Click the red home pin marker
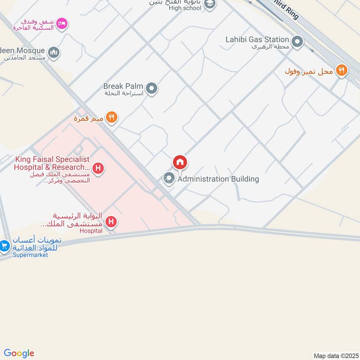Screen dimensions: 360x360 coord(180,162)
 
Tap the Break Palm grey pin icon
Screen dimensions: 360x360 coord(152,88)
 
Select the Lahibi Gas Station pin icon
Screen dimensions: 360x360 coord(297,42)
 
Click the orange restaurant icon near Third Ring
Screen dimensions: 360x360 coord(342,70)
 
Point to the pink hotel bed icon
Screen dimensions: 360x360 coord(62,22)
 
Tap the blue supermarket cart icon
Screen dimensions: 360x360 coord(4,246)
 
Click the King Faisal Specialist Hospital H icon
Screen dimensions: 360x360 coord(99,169)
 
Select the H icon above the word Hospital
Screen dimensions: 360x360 coord(111,222)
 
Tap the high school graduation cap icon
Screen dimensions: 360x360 coord(209,4)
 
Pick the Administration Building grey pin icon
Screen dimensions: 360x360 coord(169,179)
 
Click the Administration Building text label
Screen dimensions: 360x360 coord(218,179)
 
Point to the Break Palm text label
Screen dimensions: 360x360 coord(123,86)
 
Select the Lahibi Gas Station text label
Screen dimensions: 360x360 coord(257,40)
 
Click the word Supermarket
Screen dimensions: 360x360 coord(30,255)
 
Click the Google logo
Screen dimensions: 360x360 coord(19,353)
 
